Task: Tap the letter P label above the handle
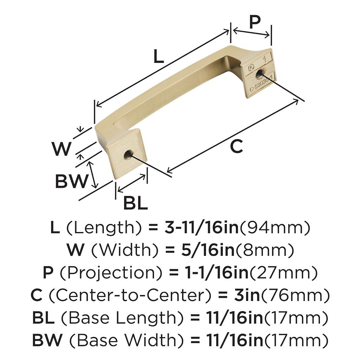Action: [x=255, y=22]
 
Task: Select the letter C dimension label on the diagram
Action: [x=236, y=147]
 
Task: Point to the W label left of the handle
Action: [x=61, y=149]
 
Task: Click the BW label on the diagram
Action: [x=72, y=181]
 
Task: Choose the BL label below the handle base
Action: [x=135, y=203]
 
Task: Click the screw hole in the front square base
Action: [x=128, y=155]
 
